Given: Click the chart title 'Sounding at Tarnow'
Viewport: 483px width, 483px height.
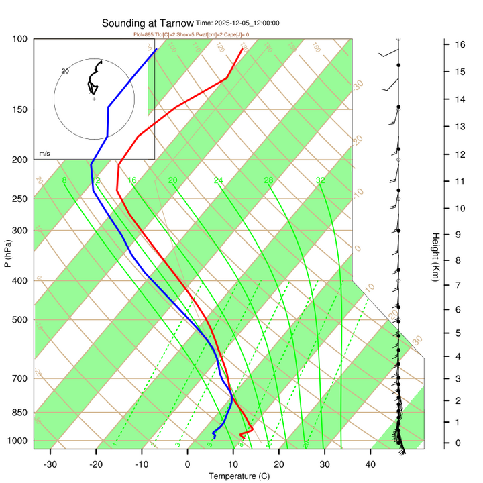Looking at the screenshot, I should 148,23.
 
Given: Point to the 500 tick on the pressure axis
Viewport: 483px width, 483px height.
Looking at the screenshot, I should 20,319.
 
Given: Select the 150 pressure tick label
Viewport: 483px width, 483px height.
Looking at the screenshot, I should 20,109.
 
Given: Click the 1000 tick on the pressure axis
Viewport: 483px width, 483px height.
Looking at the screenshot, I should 18,441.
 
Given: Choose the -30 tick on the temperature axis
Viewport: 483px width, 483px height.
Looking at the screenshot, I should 50,464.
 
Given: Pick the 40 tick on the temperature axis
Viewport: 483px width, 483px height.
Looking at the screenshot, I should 370,464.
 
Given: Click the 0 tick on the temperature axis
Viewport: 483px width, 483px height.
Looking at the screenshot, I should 188,464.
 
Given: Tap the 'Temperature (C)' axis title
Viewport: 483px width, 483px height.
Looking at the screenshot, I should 239,476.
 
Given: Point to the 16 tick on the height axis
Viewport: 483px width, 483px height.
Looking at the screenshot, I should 461,44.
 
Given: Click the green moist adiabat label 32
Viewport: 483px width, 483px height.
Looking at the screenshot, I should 321,180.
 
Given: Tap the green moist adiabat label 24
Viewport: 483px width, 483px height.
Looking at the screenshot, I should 218,180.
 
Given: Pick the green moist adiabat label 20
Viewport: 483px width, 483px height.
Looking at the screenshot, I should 172,180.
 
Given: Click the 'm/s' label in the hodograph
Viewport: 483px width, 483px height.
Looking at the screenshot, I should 44,154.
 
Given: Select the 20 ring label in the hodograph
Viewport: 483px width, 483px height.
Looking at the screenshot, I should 65,70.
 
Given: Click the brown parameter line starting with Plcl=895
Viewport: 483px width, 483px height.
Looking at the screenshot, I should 191,34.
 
